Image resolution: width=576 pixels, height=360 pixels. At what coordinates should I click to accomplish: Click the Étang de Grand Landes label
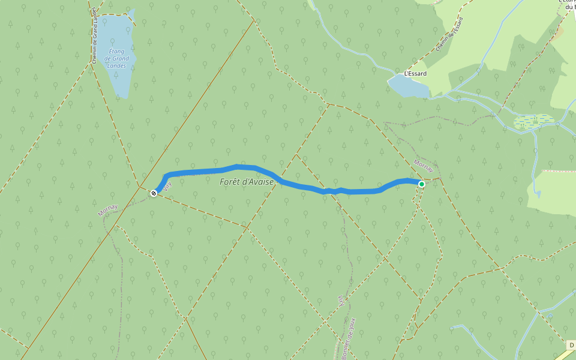[116, 59]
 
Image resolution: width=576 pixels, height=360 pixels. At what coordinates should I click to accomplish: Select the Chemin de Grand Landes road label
[94, 35]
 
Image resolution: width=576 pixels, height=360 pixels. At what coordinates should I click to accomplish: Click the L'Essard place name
[415, 74]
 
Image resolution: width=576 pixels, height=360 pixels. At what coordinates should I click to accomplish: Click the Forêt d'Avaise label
[247, 182]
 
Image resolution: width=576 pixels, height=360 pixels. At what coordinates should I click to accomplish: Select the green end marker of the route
[422, 184]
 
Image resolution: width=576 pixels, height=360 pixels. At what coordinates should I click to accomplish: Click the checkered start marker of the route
[154, 193]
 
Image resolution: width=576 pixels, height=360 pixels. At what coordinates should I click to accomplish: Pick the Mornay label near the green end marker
[424, 166]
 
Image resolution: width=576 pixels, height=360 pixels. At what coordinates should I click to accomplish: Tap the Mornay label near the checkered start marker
[108, 210]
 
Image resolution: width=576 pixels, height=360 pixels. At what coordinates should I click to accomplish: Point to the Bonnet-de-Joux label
[349, 340]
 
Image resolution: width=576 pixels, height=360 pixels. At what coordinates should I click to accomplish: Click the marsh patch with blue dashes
[533, 122]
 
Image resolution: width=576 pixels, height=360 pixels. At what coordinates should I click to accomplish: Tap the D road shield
[571, 345]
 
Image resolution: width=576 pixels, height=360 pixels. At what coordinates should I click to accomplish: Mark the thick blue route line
[300, 187]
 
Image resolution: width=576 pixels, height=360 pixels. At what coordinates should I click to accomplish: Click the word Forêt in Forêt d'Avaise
[230, 182]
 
